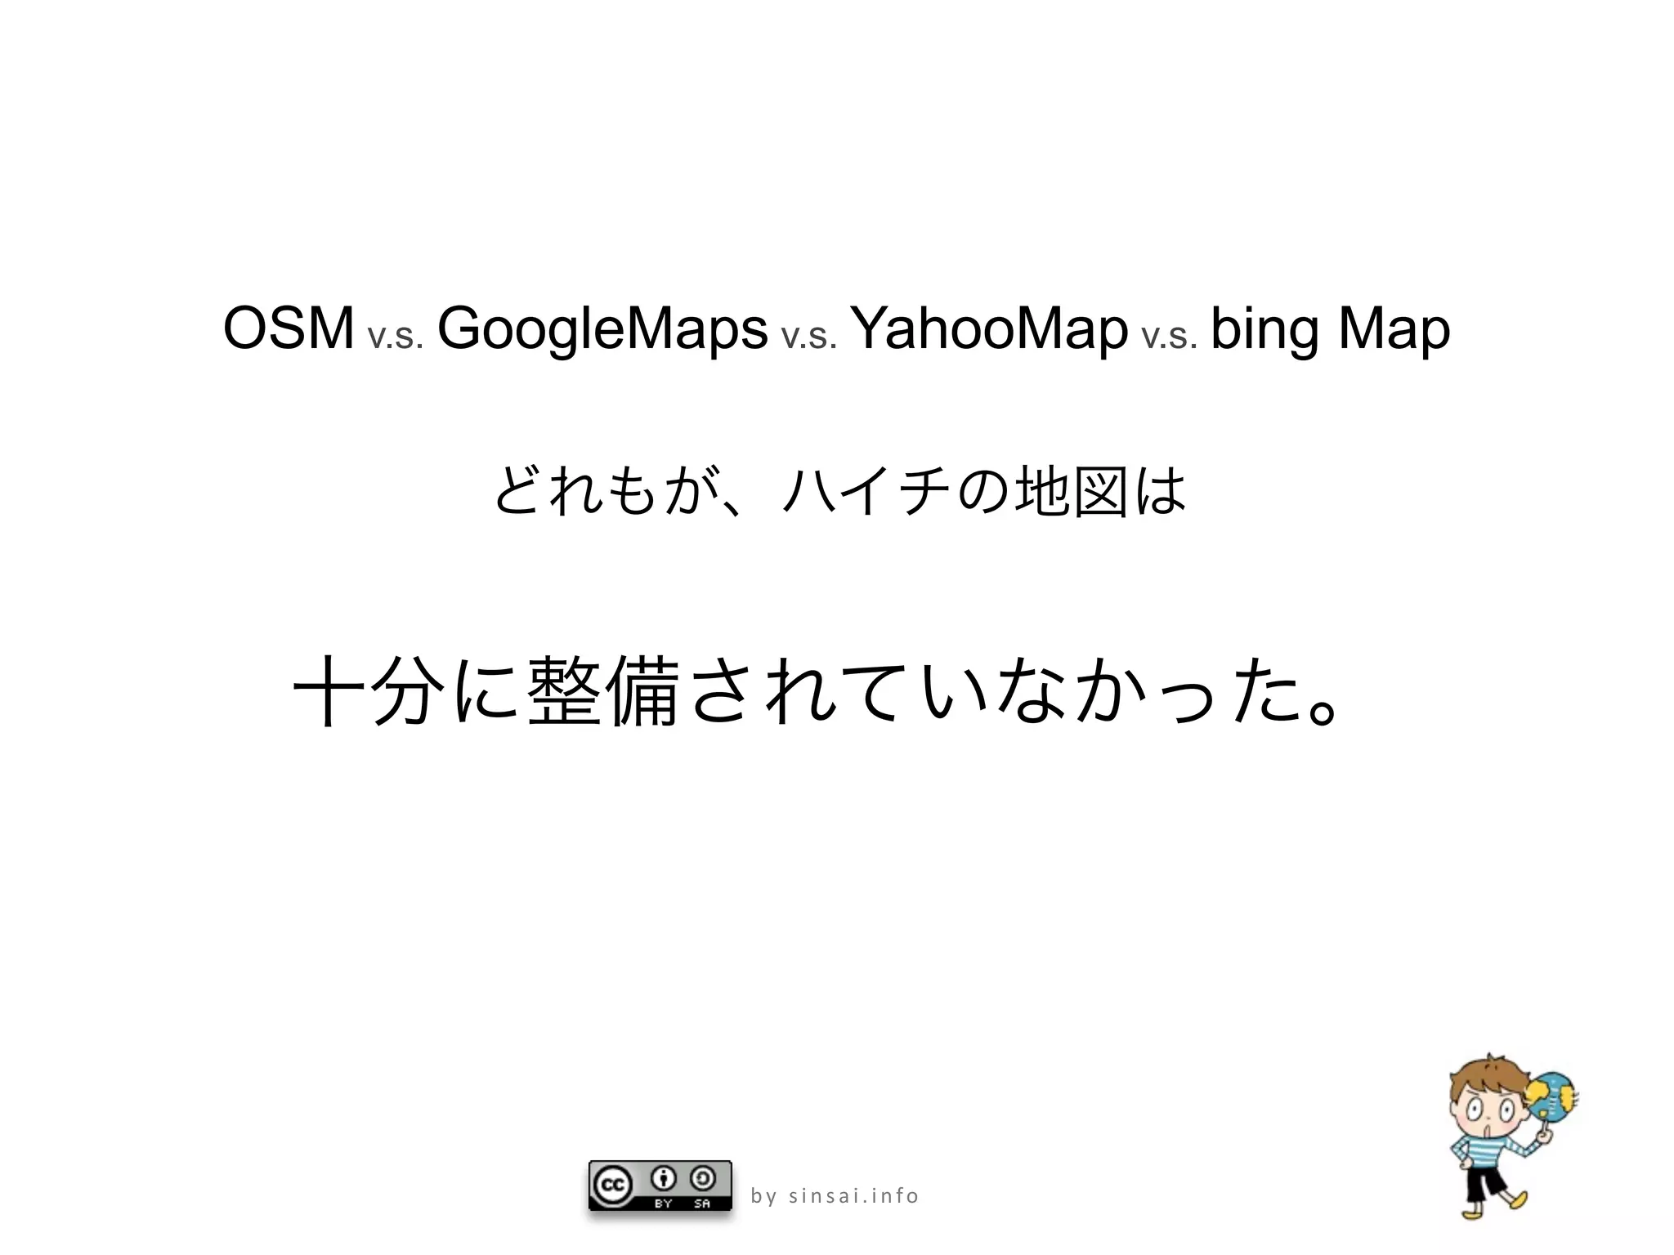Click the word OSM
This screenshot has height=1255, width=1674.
click(288, 329)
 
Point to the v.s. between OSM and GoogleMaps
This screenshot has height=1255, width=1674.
click(396, 336)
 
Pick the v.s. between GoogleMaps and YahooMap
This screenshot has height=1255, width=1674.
click(809, 336)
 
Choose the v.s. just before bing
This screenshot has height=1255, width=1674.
click(1169, 336)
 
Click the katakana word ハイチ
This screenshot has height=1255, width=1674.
click(868, 491)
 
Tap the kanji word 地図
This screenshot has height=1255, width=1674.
click(1070, 491)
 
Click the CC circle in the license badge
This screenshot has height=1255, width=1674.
click(612, 1186)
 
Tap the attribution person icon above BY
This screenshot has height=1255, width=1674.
click(664, 1178)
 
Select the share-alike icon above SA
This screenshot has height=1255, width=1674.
click(702, 1178)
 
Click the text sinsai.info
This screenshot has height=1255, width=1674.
click(853, 1196)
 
